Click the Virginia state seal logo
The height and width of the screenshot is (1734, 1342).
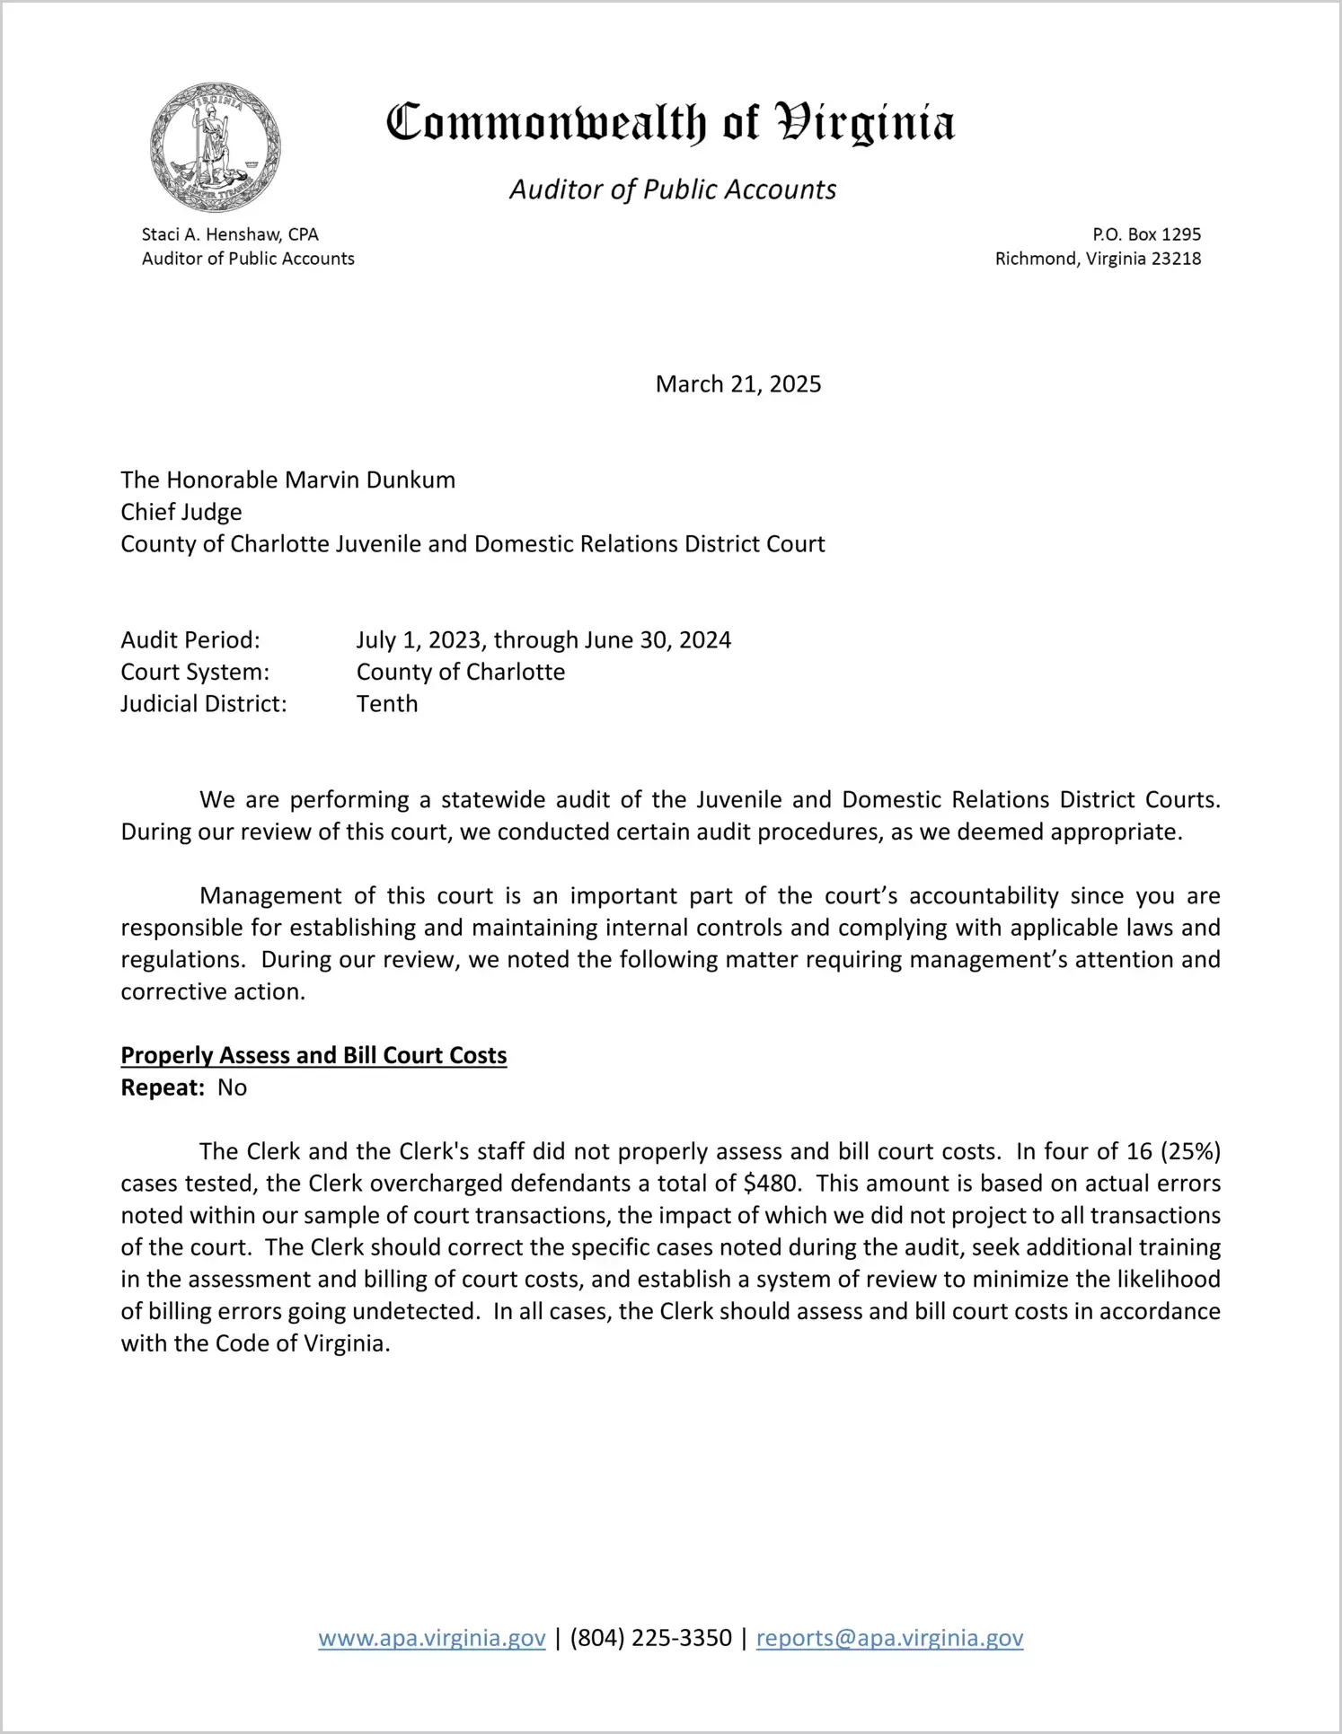point(216,147)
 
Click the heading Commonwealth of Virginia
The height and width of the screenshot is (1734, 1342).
point(670,124)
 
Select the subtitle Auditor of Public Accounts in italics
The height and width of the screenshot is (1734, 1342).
point(673,189)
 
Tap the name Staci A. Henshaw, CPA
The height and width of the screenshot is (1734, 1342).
point(230,234)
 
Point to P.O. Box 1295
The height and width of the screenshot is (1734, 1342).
point(1146,234)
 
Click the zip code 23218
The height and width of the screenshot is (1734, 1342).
point(1176,259)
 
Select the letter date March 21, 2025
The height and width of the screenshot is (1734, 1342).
point(738,384)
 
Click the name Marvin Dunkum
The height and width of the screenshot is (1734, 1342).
point(370,480)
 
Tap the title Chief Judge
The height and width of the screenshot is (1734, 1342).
point(181,512)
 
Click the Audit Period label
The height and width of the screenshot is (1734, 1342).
point(190,640)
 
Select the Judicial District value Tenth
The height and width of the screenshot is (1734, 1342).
point(387,704)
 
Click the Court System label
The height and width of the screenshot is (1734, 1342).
point(195,672)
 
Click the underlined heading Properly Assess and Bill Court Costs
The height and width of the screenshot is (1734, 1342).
point(313,1055)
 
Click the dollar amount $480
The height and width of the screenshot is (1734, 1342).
point(772,1184)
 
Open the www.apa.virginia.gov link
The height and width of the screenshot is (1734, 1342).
point(432,1638)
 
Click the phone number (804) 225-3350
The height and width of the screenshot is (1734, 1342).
point(651,1638)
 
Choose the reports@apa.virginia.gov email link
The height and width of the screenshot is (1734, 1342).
point(889,1638)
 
